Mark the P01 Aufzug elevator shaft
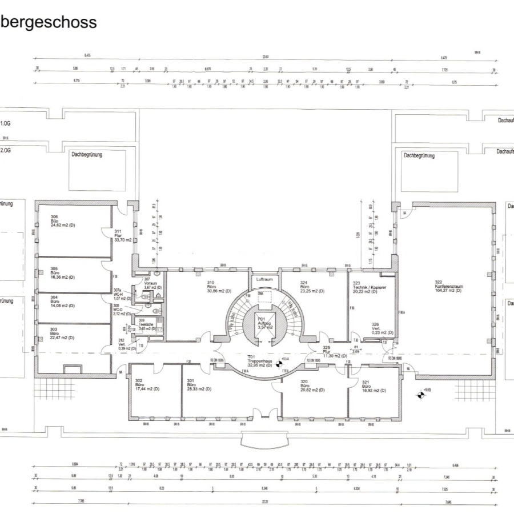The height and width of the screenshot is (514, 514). pyautogui.click(x=264, y=324)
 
